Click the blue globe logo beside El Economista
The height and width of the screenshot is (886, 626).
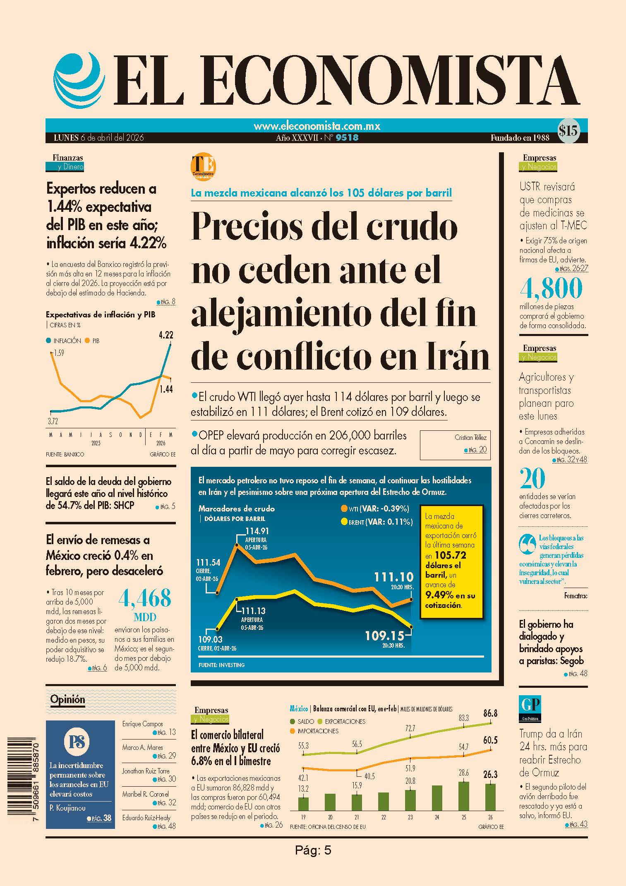77,80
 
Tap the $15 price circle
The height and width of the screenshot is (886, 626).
568,131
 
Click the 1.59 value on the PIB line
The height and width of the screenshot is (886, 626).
58,353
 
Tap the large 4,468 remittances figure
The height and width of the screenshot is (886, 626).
145,598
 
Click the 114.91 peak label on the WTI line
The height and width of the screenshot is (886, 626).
257,531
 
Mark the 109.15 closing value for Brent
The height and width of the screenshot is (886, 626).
384,635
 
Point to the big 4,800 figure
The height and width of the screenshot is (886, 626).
551,288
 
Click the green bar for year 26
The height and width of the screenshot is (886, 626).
490,797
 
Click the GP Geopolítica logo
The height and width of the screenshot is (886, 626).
530,708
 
